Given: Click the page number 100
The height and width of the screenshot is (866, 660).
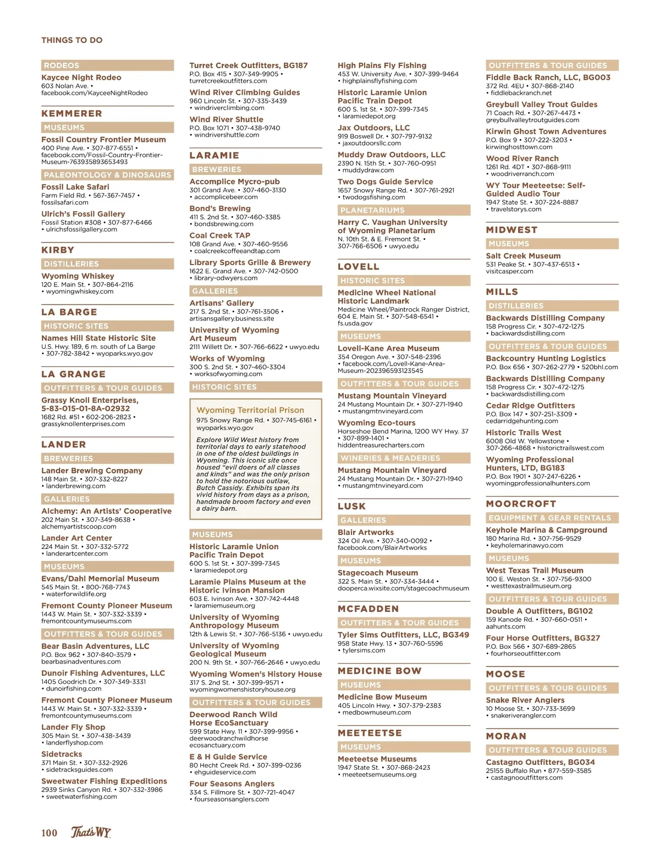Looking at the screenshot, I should (49, 832).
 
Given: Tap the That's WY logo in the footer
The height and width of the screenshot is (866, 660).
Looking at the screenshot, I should (91, 832).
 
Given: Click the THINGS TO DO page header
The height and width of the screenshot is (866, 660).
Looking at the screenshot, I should (71, 40).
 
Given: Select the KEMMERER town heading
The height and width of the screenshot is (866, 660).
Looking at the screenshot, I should (71, 114).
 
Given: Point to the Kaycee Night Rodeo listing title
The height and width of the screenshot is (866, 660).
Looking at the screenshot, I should (81, 78).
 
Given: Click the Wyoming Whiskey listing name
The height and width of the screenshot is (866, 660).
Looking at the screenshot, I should (78, 276).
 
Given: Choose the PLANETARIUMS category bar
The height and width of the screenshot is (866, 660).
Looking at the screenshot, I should (404, 210).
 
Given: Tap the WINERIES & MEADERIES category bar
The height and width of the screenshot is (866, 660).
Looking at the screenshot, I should (404, 458).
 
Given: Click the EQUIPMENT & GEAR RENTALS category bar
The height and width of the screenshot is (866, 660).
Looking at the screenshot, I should (552, 518).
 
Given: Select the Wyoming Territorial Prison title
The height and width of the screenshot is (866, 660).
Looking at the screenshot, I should (250, 410).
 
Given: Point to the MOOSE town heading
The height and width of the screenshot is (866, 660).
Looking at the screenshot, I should (505, 674).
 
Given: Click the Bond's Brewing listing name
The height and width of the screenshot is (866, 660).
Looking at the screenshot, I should (219, 208).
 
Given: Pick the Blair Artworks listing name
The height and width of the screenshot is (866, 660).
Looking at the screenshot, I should (365, 532).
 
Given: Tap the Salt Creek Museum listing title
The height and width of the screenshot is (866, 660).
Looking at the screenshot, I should (523, 256).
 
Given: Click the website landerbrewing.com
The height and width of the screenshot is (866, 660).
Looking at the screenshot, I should (75, 486).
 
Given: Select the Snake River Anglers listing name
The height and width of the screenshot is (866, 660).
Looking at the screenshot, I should (525, 700).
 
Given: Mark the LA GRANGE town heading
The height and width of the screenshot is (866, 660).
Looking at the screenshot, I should (73, 374).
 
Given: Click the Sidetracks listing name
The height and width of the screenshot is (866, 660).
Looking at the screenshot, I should (62, 754).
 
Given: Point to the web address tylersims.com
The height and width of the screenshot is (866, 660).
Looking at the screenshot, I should (364, 650).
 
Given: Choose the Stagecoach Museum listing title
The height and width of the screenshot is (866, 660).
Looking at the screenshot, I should (377, 573).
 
